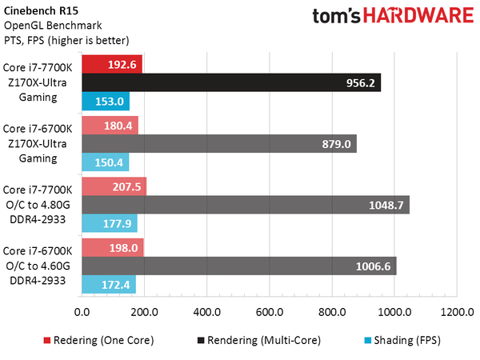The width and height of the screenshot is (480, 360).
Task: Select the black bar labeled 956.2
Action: point(230,82)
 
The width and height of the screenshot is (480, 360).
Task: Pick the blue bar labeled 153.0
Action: point(105,101)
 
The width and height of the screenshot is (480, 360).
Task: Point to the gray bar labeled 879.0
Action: point(218,144)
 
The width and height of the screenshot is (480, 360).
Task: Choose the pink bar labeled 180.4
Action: point(110,126)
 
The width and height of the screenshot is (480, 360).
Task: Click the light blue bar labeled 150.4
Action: point(105,162)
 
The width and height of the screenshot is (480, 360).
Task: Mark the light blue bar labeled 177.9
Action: point(109,224)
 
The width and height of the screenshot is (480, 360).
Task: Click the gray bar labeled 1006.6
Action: point(238,266)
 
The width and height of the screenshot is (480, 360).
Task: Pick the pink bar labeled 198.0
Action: point(112,248)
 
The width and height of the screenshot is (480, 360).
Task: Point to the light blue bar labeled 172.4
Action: point(108,285)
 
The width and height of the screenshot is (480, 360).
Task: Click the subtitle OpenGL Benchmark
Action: point(46,26)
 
